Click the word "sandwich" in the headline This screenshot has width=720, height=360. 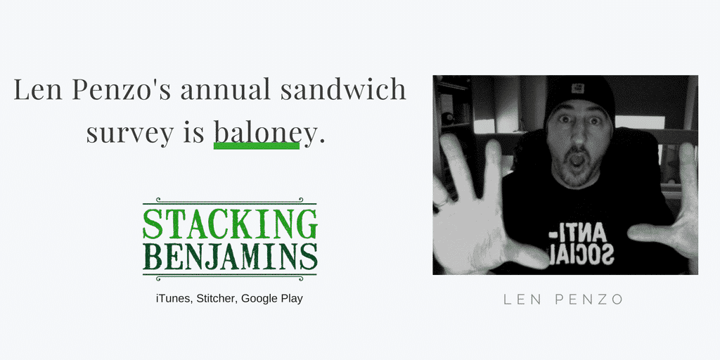click(x=343, y=89)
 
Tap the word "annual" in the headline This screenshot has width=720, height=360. click(x=225, y=89)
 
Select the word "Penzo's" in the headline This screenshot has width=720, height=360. click(x=121, y=89)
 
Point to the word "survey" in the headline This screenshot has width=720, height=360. click(x=130, y=134)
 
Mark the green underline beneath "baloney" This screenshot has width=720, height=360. click(x=256, y=146)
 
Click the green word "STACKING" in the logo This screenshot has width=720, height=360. click(x=230, y=224)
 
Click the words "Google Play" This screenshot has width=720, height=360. click(x=272, y=299)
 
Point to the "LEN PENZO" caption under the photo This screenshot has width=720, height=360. click(x=563, y=300)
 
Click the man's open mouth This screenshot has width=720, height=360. click(x=578, y=160)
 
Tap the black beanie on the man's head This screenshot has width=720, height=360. click(x=579, y=96)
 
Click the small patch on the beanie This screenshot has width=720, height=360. click(x=578, y=88)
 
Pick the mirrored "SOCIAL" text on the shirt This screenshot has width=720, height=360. click(x=581, y=255)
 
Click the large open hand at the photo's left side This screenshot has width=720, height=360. click(x=477, y=211)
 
